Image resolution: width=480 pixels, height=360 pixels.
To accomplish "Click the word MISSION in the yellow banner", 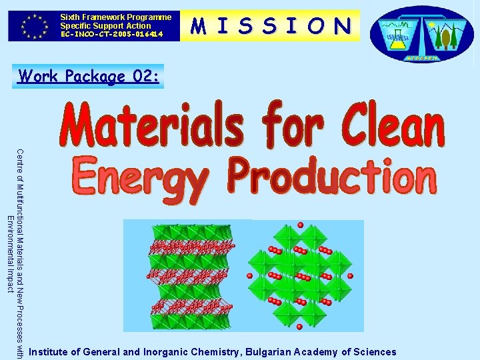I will pyautogui.click(x=271, y=25).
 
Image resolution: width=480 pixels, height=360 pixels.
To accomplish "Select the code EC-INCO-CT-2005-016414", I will pyautogui.click(x=111, y=33).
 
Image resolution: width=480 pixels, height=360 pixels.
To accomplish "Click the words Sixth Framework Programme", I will pyautogui.click(x=115, y=17).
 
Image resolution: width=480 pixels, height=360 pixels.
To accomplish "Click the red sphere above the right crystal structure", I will pyautogui.click(x=300, y=225).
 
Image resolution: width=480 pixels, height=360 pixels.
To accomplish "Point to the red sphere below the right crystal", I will pyautogui.click(x=299, y=326).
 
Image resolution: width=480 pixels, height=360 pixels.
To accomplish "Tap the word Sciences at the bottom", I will pyautogui.click(x=373, y=352).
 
